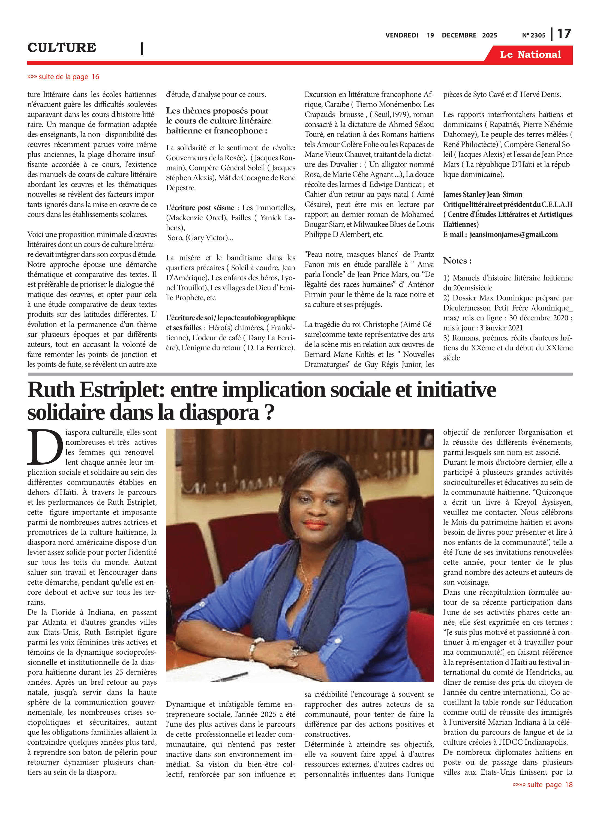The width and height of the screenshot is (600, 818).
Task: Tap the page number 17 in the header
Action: [564, 34]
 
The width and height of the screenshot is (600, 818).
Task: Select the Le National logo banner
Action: [530, 55]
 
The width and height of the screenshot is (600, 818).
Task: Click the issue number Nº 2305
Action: [533, 35]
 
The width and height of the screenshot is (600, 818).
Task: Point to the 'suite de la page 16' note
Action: [63, 77]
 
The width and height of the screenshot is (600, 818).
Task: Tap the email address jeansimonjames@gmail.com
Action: [514, 234]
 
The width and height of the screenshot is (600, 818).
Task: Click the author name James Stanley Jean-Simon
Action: [482, 195]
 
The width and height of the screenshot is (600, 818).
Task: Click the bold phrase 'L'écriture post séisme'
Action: [200, 208]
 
